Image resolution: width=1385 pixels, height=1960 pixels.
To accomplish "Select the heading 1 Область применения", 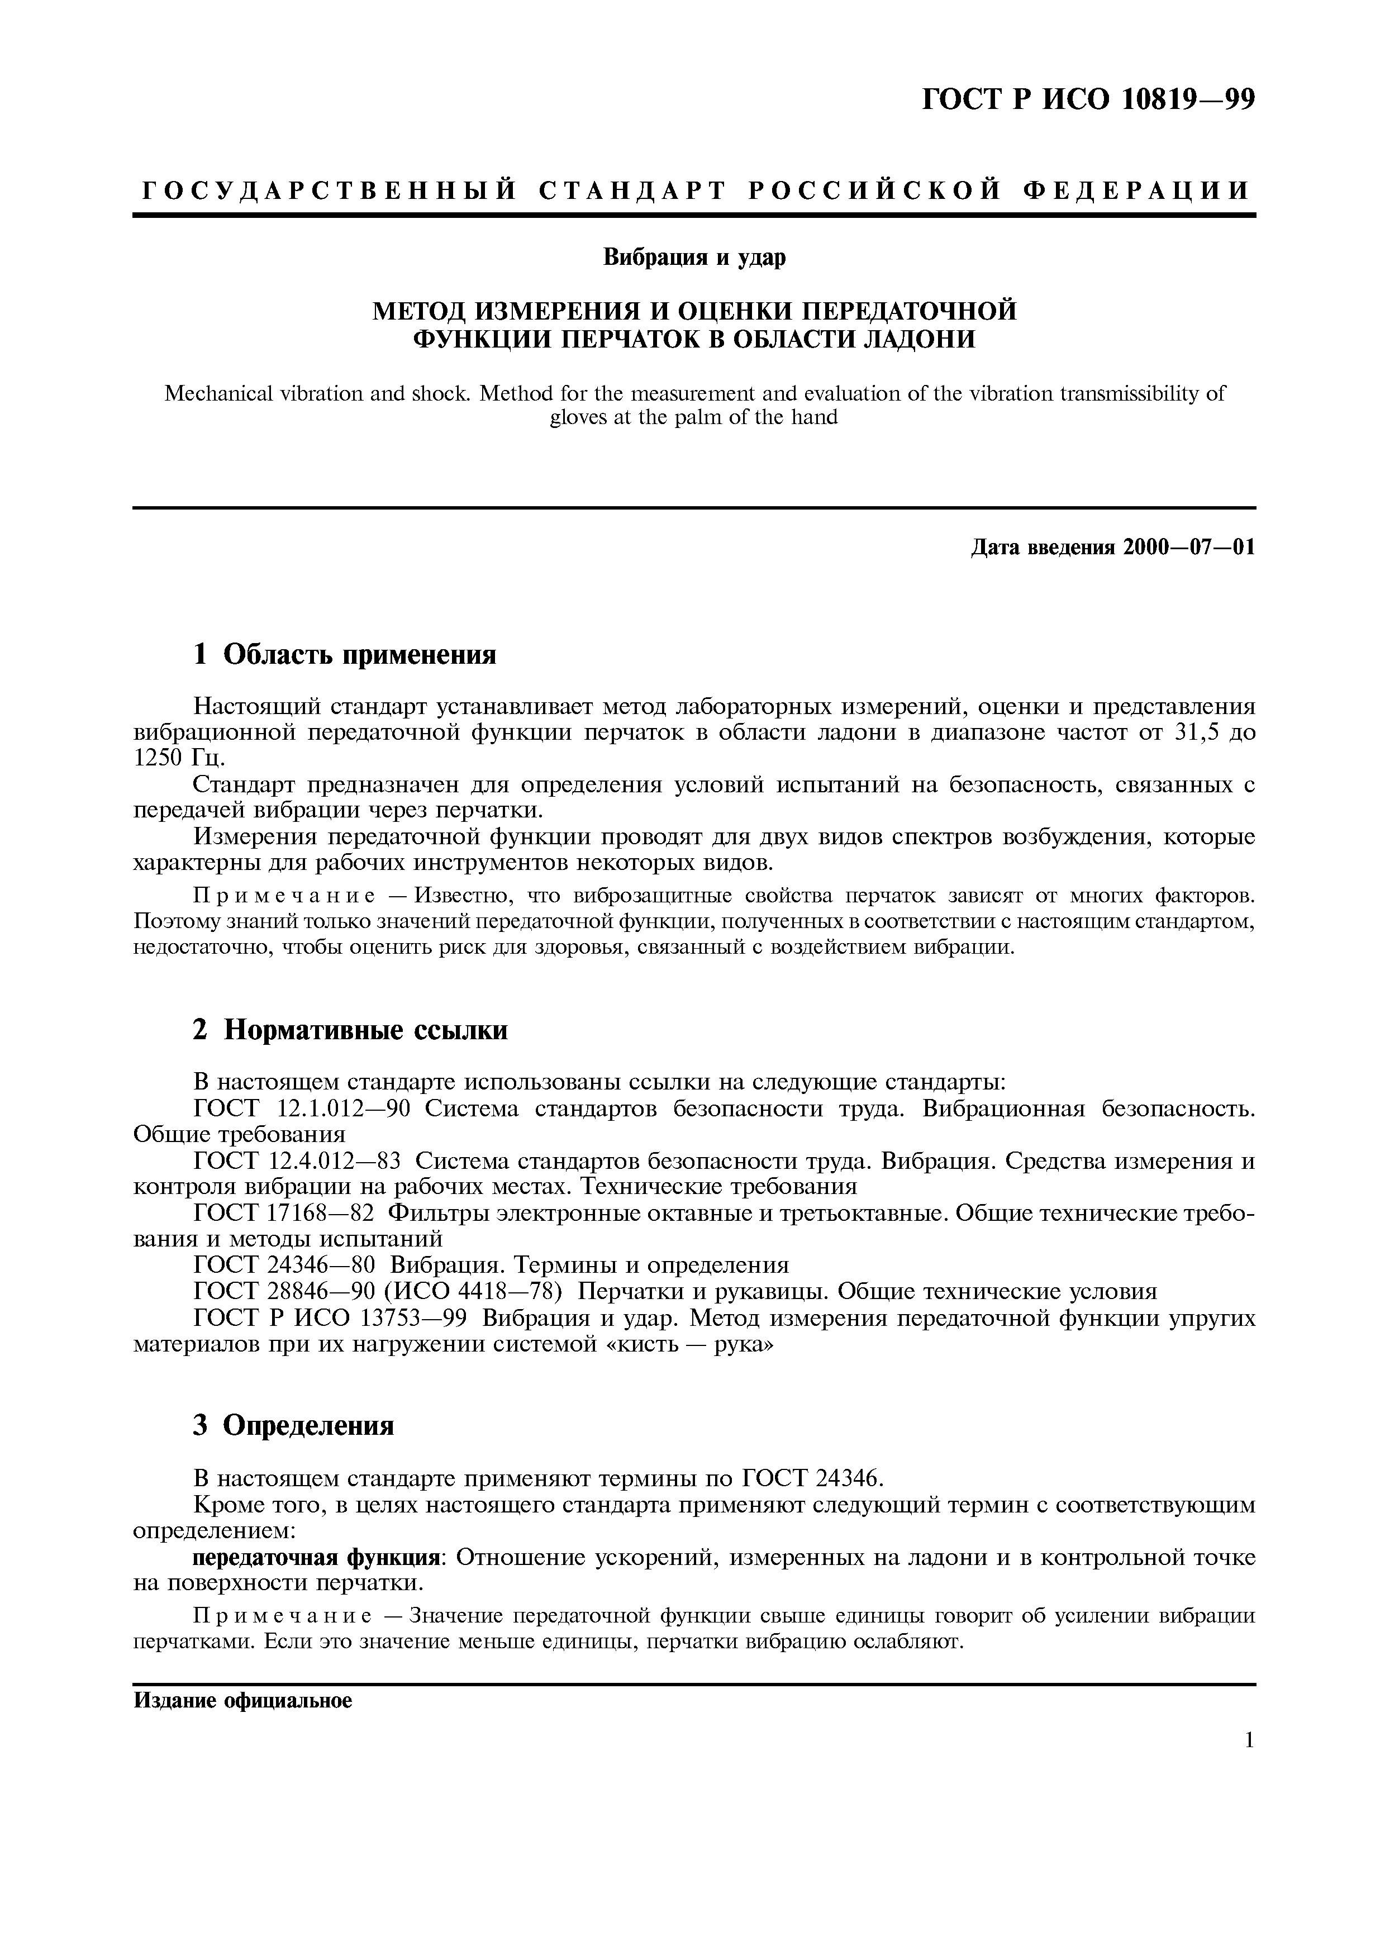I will coord(344,655).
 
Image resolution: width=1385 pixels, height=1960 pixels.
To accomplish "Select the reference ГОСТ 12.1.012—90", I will coord(303,1109).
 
